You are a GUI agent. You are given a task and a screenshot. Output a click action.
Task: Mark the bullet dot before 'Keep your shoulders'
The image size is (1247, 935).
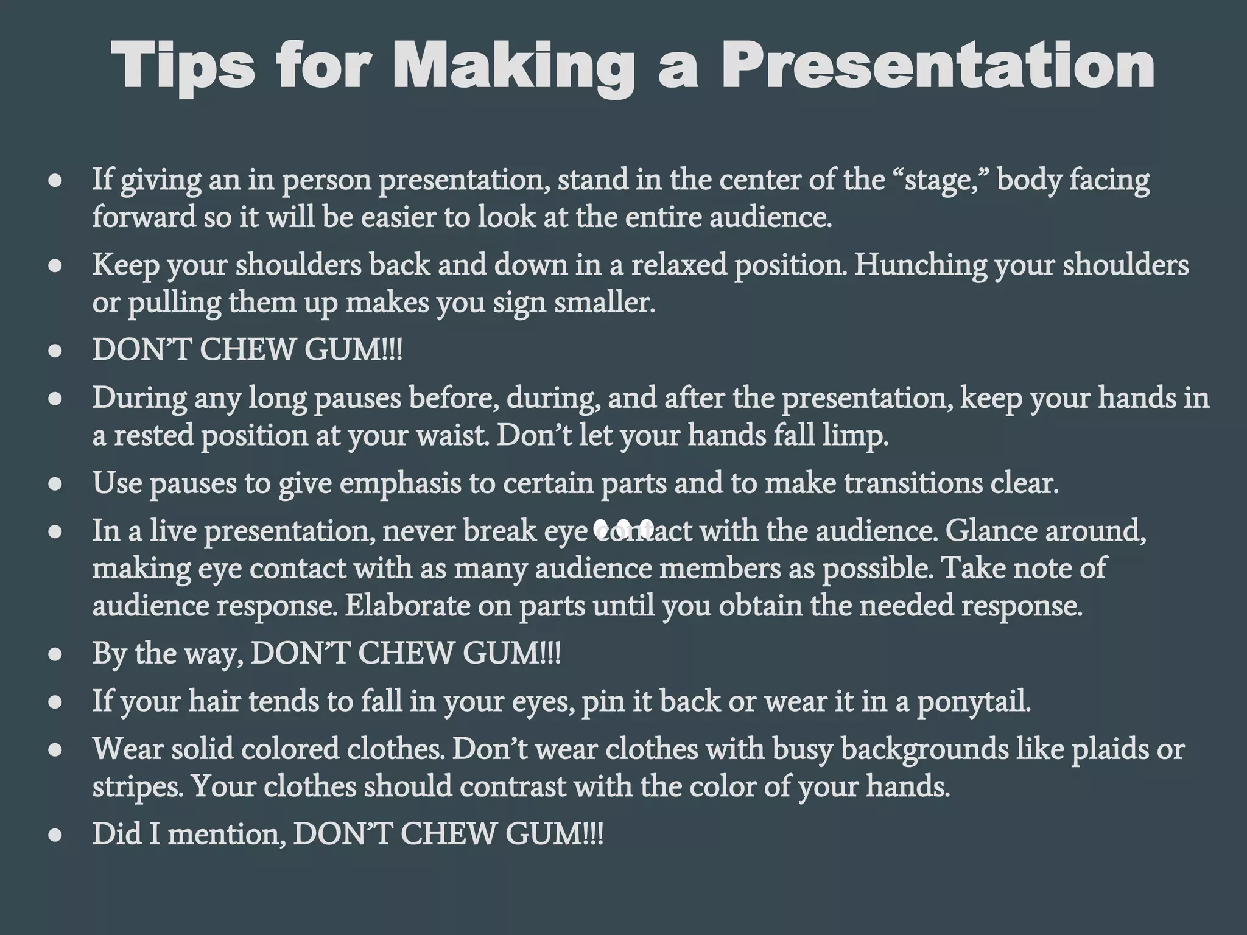[x=56, y=266]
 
